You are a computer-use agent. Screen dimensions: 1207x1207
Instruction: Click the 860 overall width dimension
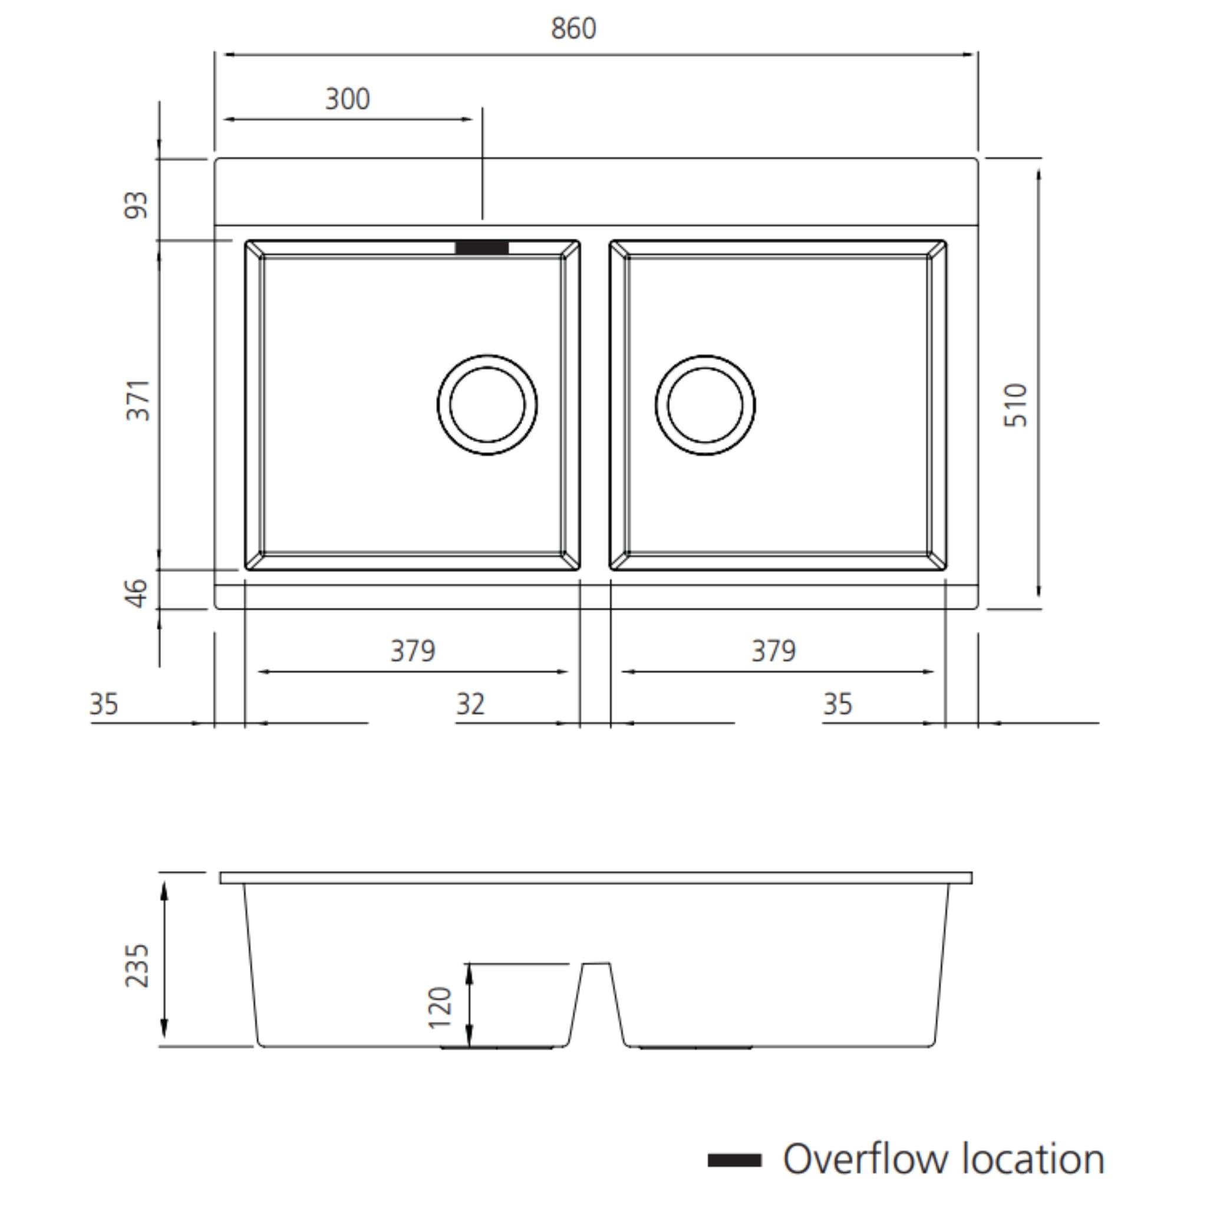coord(573,29)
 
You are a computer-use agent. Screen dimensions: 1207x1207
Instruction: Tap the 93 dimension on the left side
coord(136,206)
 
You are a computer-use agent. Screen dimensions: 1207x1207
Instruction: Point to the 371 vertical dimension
coord(137,400)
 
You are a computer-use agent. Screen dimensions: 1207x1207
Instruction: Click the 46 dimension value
coord(136,593)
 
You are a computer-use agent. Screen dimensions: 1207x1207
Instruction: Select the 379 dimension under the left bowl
coord(413,651)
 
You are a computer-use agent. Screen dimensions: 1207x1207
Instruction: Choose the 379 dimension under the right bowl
coord(773,651)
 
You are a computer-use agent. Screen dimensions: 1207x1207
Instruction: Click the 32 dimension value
coord(470,705)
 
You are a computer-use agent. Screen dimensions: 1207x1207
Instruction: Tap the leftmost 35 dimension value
coord(104,705)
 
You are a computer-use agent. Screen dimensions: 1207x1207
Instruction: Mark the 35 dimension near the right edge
coord(837,705)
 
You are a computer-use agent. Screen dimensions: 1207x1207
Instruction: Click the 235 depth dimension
coord(137,965)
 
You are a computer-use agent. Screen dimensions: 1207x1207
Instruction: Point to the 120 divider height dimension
coord(440,1007)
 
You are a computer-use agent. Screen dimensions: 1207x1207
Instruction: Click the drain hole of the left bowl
coord(487,405)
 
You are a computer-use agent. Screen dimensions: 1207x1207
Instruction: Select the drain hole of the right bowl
coord(705,405)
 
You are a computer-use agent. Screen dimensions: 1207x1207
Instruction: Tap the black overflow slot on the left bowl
coord(482,248)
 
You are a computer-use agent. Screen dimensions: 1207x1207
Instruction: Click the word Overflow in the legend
coord(865,1159)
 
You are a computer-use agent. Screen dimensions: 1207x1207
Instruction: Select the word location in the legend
coord(1033,1159)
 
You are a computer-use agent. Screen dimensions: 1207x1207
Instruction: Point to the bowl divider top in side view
coord(595,964)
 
